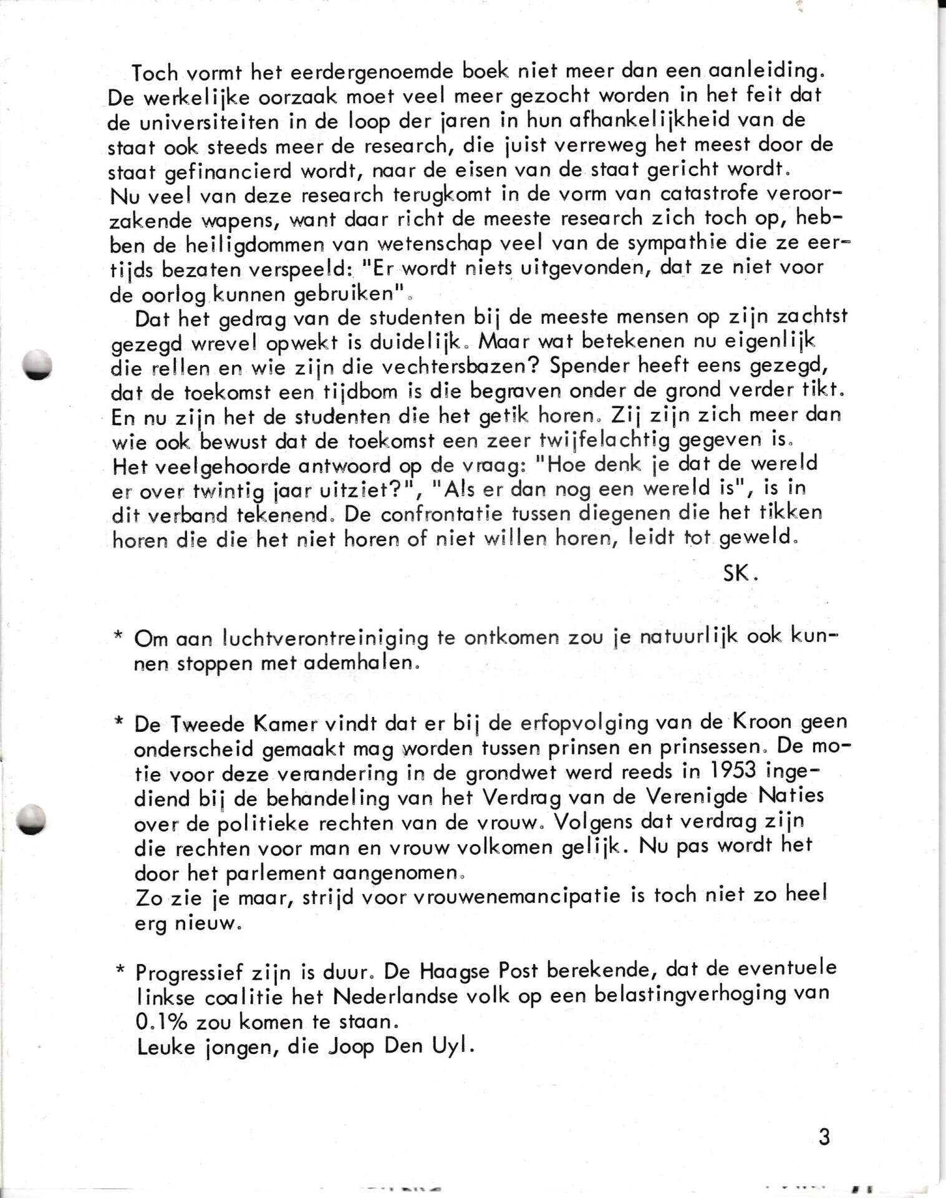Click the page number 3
click(x=824, y=1137)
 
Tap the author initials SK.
click(x=740, y=573)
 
